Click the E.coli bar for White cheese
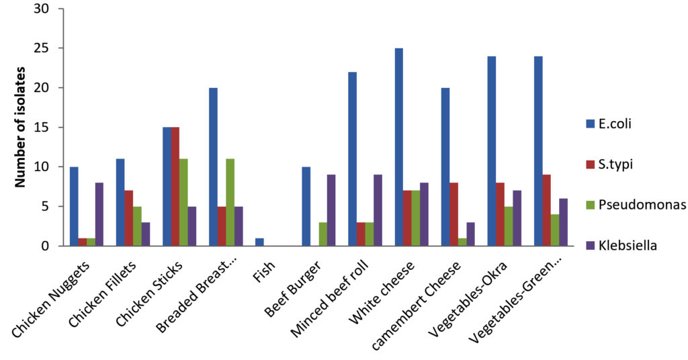point(398,147)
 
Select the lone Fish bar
point(259,242)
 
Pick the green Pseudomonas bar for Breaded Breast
point(230,202)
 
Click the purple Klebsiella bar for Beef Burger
point(331,210)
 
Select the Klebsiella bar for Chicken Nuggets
point(99,214)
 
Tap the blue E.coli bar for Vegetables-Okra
point(491,151)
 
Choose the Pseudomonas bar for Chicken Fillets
point(137,226)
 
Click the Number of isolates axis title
point(21,128)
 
